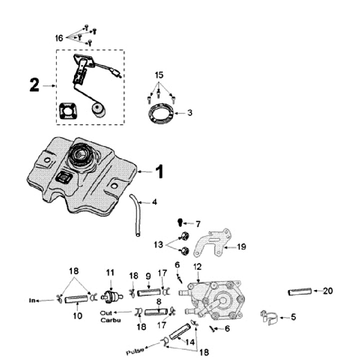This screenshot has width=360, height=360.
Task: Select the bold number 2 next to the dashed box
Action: [x=34, y=86]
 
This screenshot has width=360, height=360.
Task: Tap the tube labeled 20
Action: [x=300, y=291]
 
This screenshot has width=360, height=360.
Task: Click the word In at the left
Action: [x=33, y=300]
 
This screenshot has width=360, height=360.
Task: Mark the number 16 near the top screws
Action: [x=59, y=37]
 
